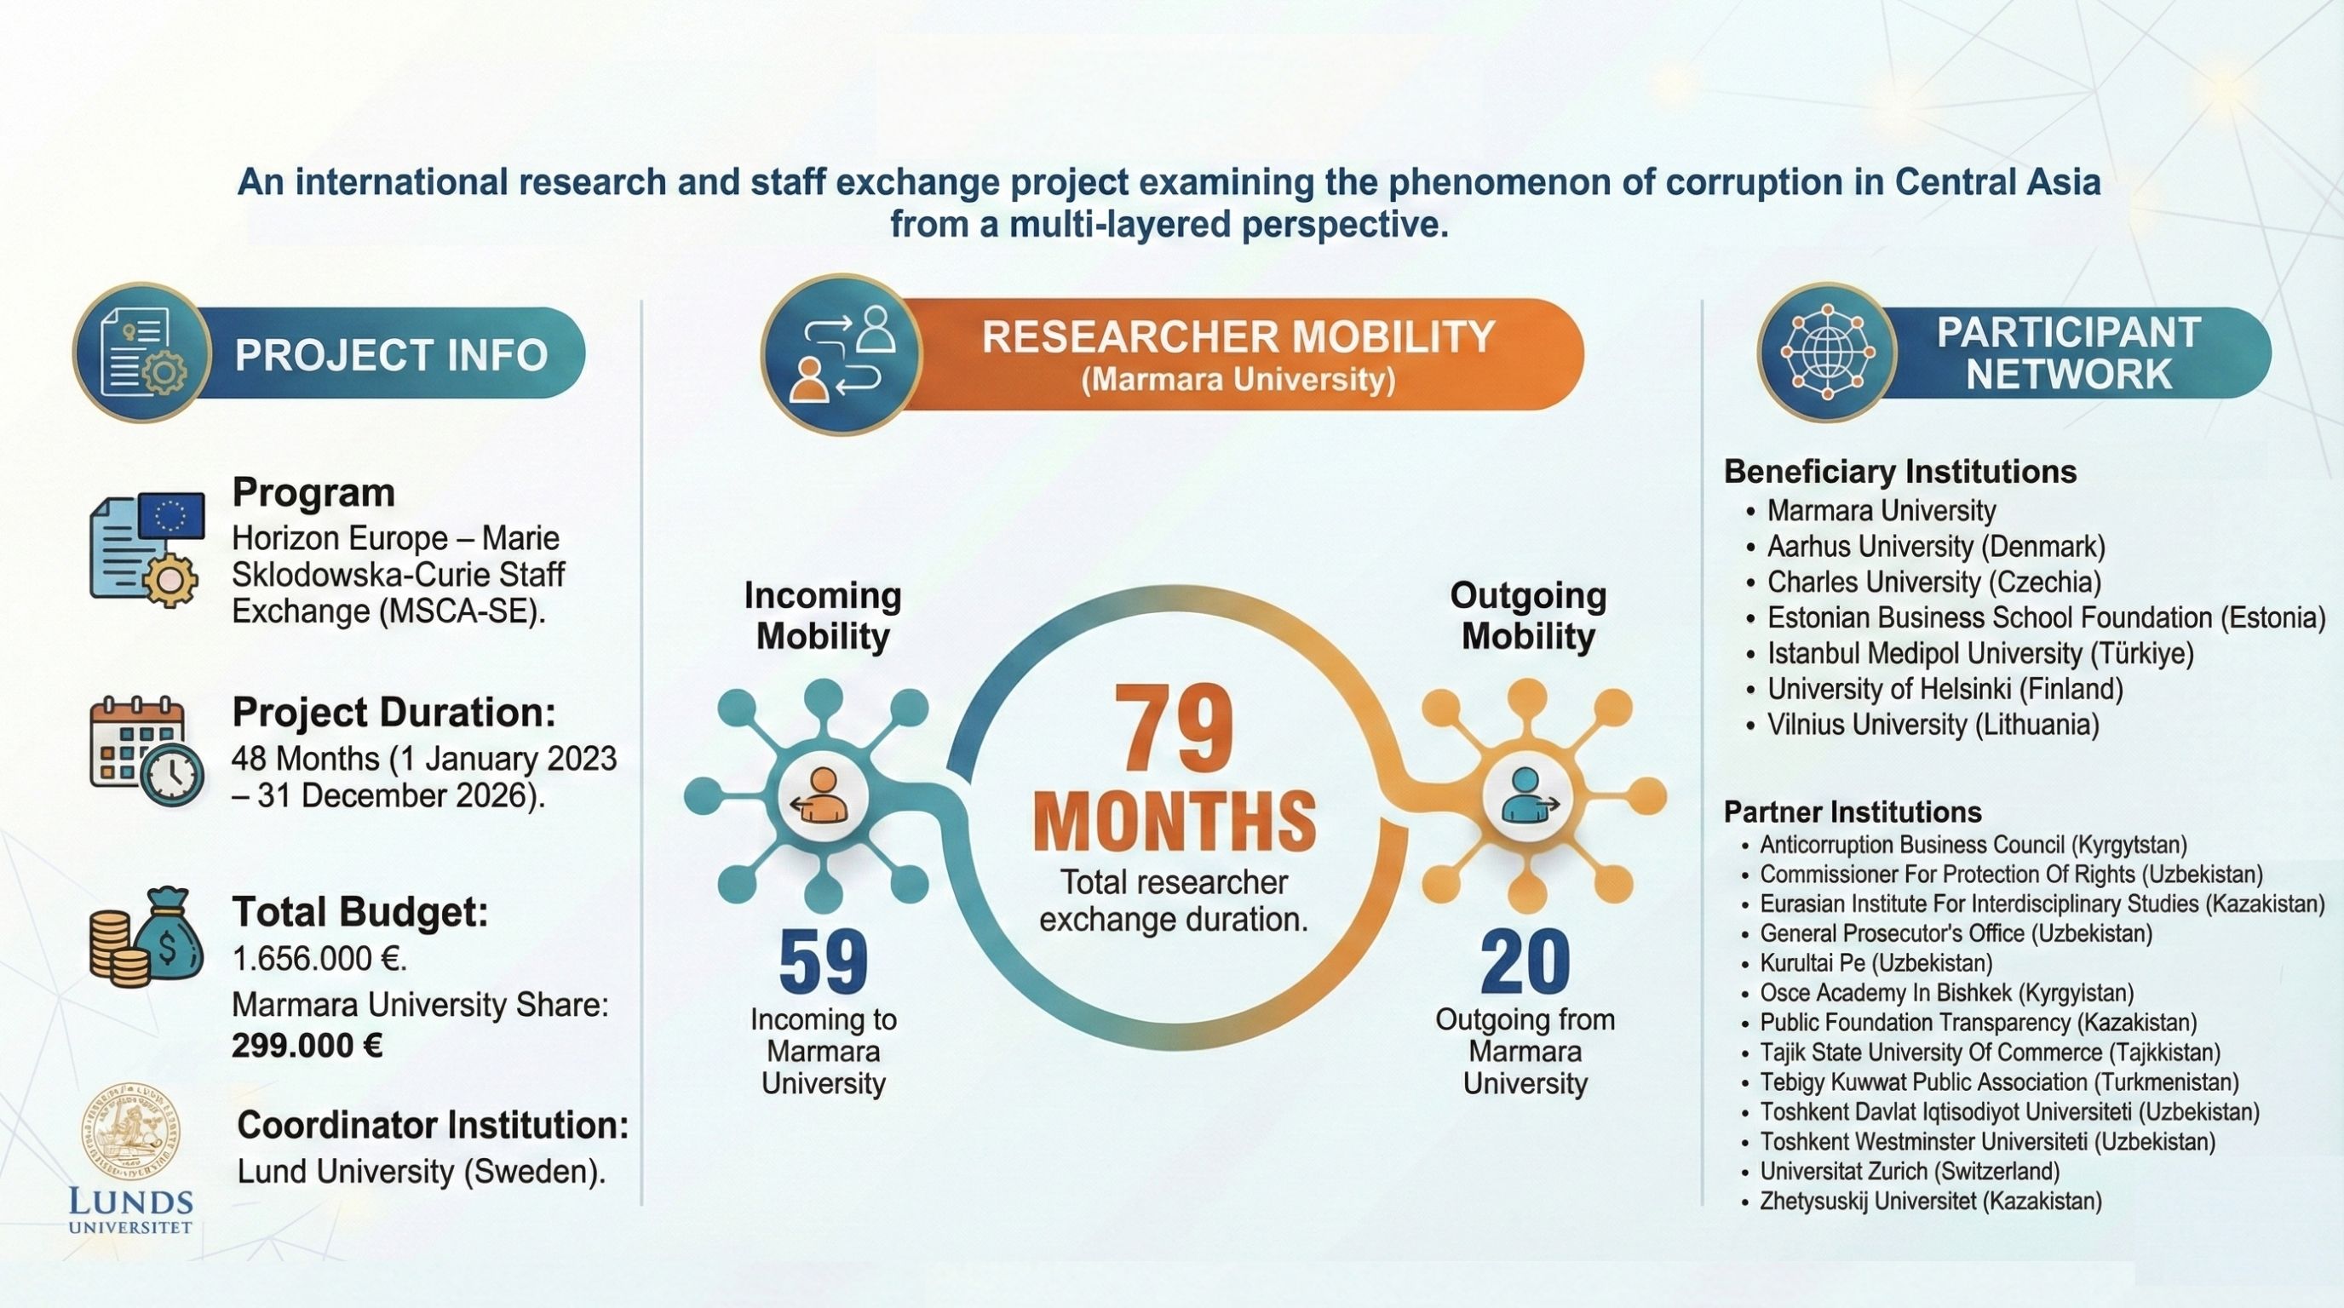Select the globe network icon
[x=1826, y=353]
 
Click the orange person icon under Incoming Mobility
[x=823, y=796]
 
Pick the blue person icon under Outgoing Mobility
[x=1526, y=796]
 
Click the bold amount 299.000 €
[x=307, y=1046]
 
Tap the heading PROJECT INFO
[x=391, y=354]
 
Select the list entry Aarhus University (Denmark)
[x=1935, y=547]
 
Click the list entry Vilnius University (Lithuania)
[x=1933, y=725]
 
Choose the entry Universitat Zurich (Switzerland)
[x=1909, y=1171]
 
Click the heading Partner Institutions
[x=1853, y=812]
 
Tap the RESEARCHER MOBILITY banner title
[x=1238, y=337]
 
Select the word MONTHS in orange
[x=1174, y=823]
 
